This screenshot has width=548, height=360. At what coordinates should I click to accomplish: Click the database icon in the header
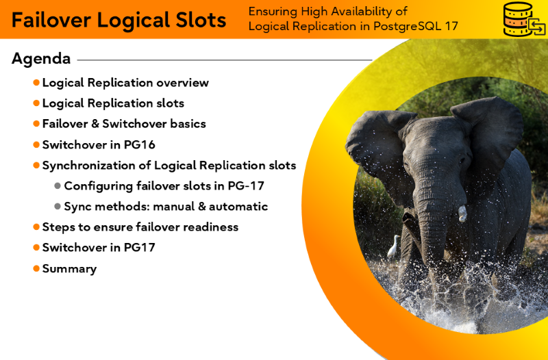tap(523, 19)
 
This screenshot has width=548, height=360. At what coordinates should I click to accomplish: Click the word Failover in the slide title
tap(51, 20)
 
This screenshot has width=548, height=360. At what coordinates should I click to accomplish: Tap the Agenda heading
tap(41, 59)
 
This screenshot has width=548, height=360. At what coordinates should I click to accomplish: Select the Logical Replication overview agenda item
tap(125, 83)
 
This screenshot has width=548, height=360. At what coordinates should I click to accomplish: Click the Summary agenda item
tap(70, 268)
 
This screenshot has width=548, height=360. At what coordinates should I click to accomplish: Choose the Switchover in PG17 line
tap(99, 248)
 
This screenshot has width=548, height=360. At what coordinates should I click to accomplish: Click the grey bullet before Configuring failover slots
tap(58, 185)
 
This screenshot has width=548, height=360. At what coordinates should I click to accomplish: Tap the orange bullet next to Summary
tap(36, 268)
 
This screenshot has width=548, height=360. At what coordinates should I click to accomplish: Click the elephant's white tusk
tap(462, 214)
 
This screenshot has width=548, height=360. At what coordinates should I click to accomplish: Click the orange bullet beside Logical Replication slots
tap(36, 103)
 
